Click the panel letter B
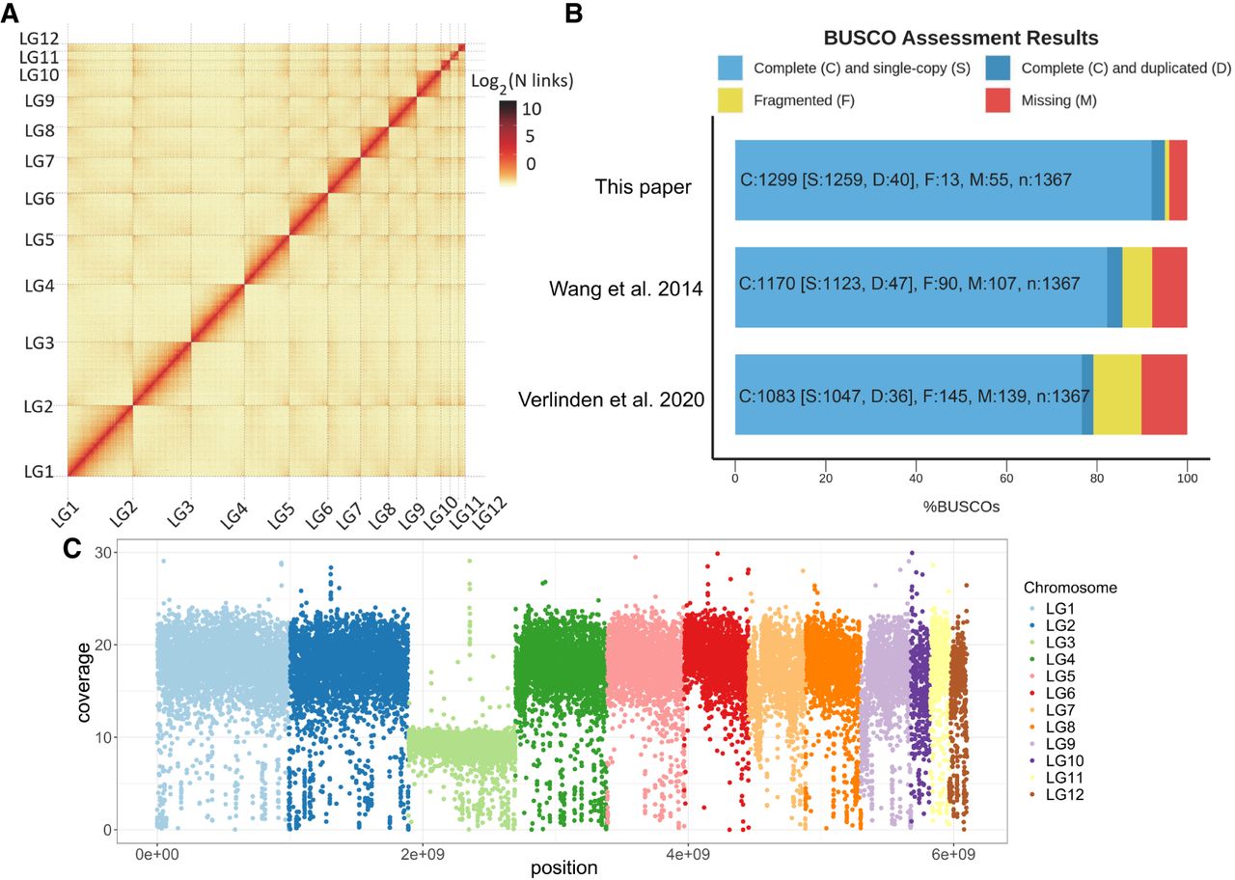[x=572, y=14]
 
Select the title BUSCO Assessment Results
[x=960, y=40]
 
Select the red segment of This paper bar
[x=1177, y=179]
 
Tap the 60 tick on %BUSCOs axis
[x=1006, y=476]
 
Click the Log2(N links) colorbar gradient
[x=508, y=141]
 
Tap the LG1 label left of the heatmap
[x=39, y=471]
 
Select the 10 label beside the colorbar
[x=531, y=109]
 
